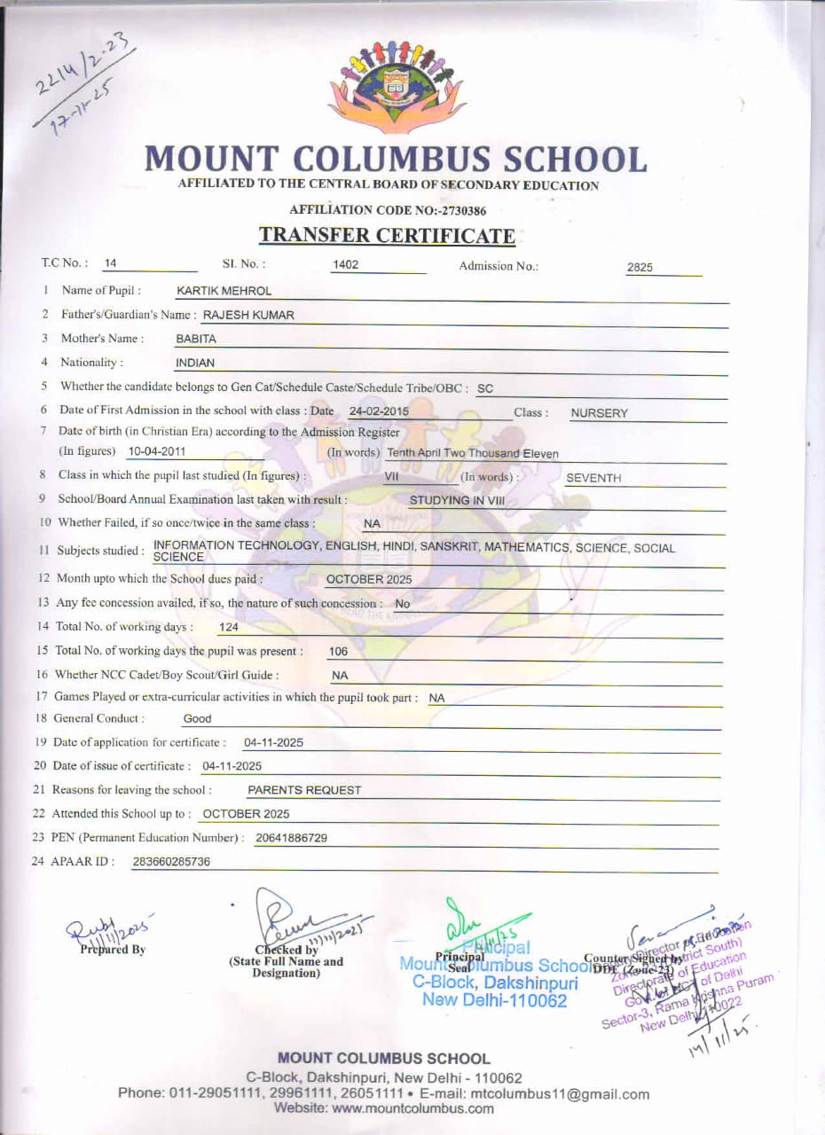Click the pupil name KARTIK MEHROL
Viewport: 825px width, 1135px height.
point(224,291)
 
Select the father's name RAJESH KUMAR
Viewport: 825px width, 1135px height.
point(248,315)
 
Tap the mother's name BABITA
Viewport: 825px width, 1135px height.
point(196,339)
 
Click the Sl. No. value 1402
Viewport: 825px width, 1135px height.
point(345,264)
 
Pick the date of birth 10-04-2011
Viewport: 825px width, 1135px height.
point(157,451)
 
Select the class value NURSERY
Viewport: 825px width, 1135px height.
point(599,413)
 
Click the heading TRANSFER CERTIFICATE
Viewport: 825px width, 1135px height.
point(387,236)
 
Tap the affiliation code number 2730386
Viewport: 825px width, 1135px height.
point(456,211)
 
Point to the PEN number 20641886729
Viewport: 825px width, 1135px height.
point(291,838)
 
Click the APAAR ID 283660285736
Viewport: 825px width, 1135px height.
point(171,862)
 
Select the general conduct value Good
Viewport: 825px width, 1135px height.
point(197,719)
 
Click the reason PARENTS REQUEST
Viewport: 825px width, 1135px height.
point(304,790)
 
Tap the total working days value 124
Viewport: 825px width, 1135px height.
point(228,628)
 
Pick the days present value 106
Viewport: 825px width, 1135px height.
point(338,652)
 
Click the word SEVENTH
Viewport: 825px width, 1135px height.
point(593,478)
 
